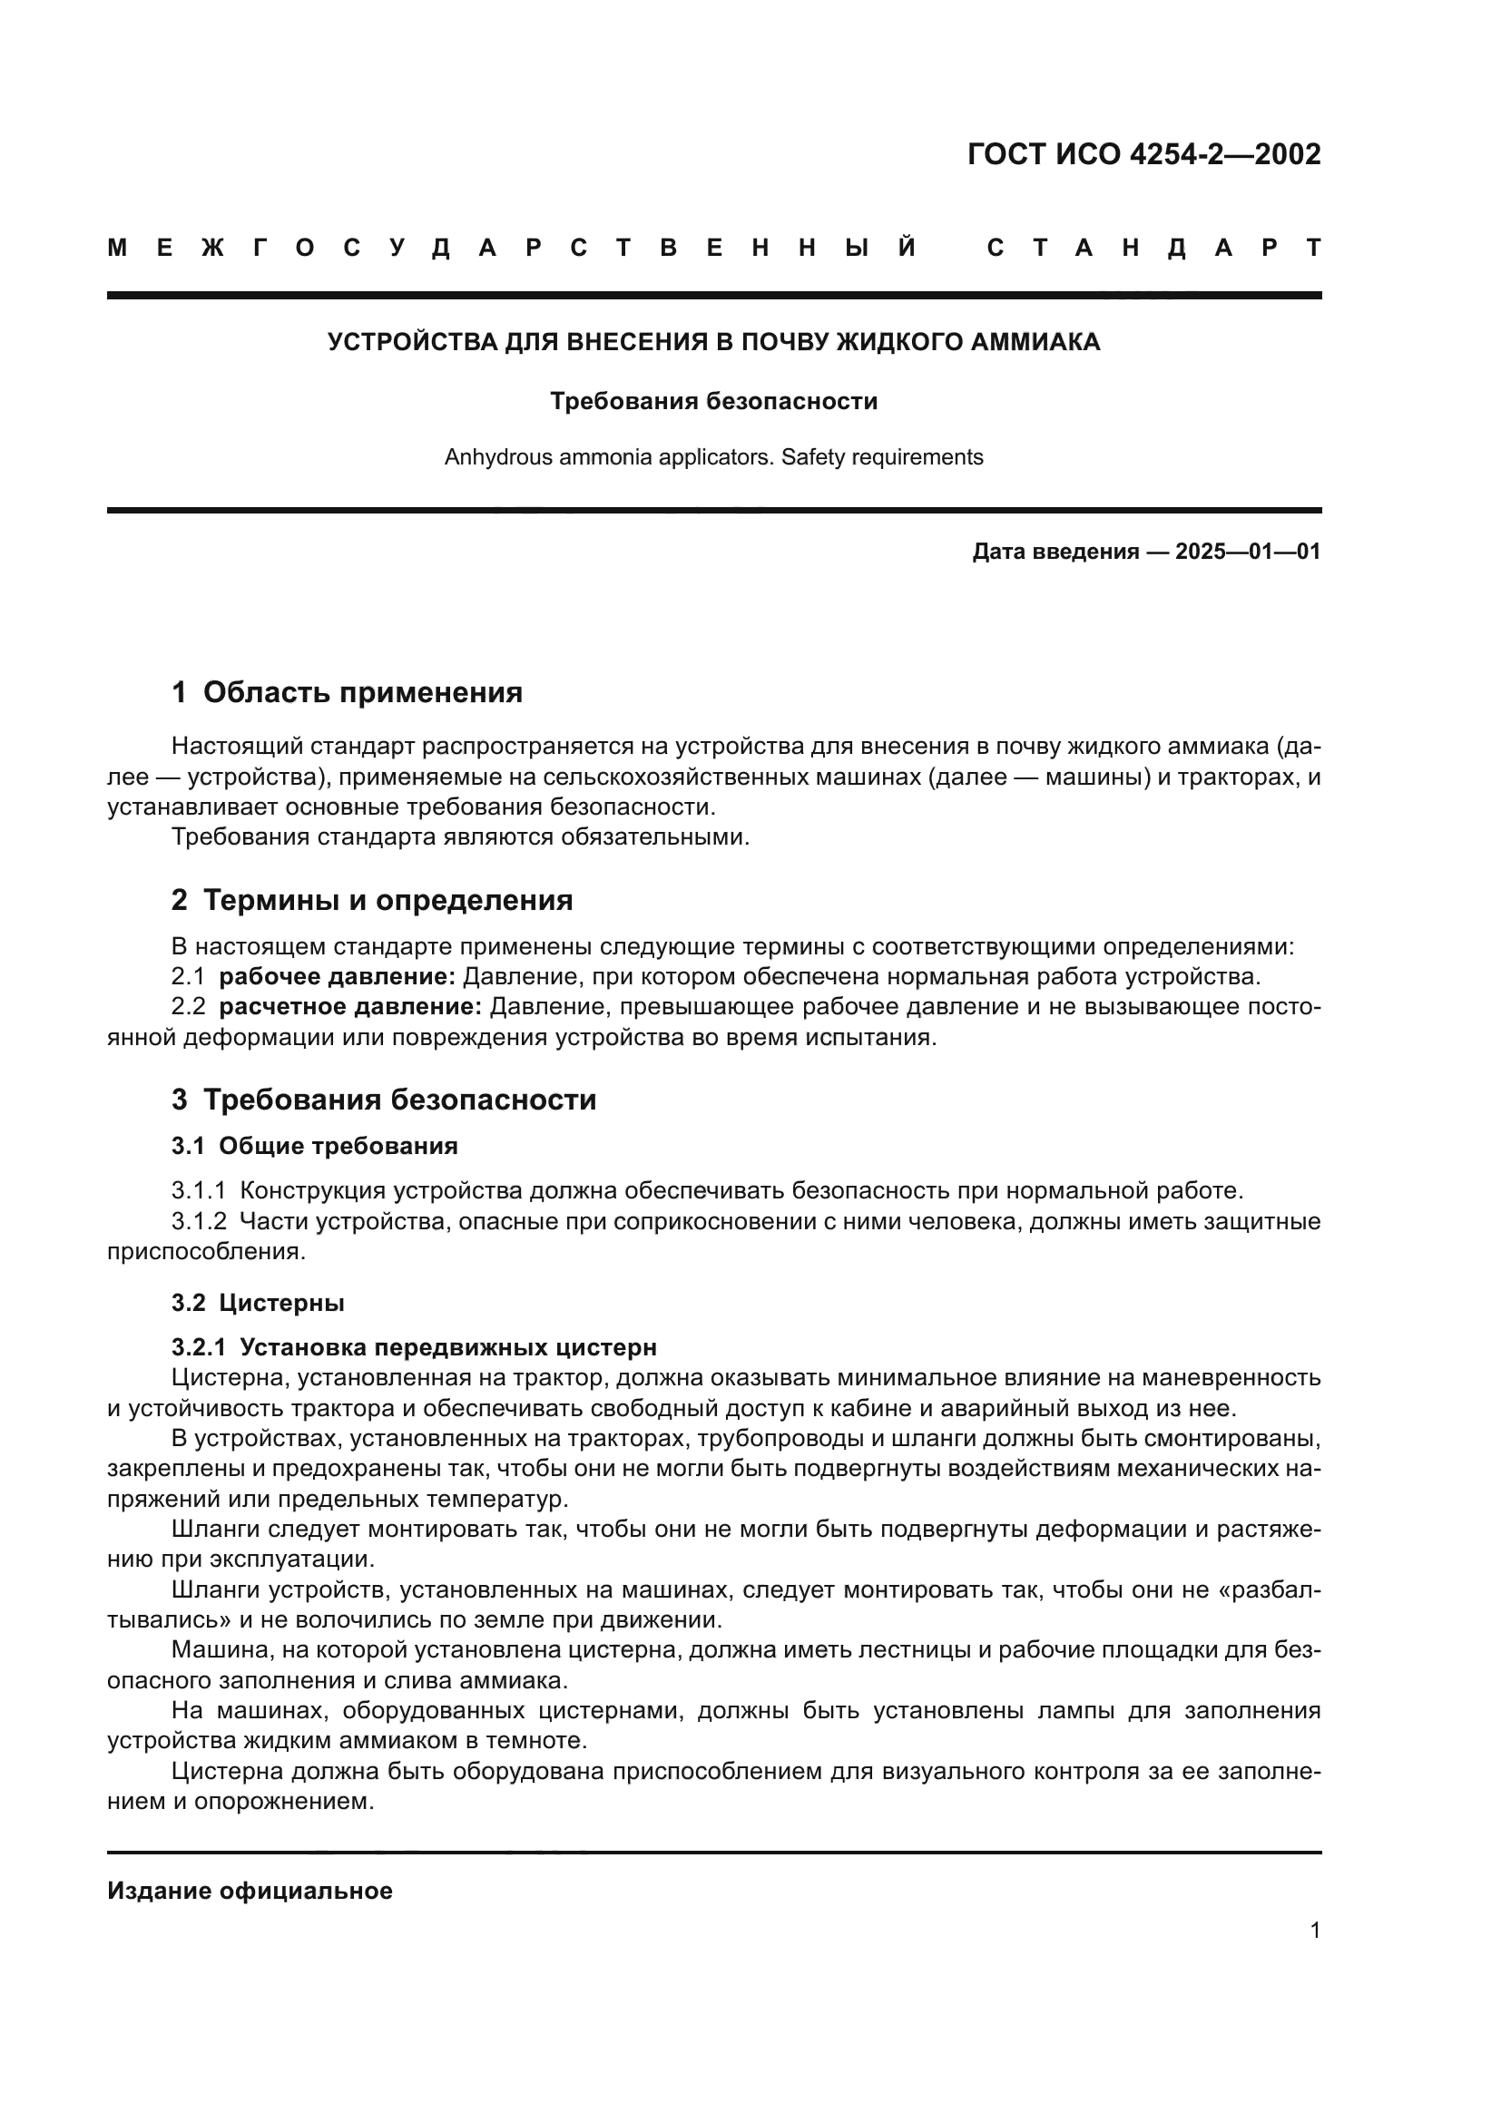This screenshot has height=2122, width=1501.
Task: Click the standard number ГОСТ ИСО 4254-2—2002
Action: click(x=1143, y=154)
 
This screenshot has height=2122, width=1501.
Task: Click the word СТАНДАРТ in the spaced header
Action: click(x=1153, y=249)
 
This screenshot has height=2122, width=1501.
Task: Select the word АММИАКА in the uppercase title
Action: click(x=1042, y=343)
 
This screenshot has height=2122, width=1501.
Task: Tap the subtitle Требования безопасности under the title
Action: click(x=713, y=401)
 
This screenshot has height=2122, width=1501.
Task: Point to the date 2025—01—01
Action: click(x=1247, y=553)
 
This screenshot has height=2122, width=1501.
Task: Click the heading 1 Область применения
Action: click(x=347, y=692)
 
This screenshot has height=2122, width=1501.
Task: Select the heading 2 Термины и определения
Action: click(x=371, y=900)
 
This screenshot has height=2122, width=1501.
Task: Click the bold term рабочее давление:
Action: click(x=338, y=977)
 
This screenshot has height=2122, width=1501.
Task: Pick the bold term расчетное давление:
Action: click(x=350, y=1007)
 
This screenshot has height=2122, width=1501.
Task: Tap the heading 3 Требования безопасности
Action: click(x=384, y=1100)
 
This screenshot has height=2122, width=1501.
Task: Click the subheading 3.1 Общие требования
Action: click(x=314, y=1147)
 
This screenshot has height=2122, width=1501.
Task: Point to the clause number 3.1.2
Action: click(x=199, y=1222)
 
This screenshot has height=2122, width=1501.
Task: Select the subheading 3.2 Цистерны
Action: click(x=258, y=1303)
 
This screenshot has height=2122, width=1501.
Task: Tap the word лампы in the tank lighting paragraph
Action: click(x=1065, y=1711)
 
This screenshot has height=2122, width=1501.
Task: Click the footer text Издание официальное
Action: click(x=250, y=1891)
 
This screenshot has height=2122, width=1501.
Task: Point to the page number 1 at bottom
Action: click(x=1314, y=1930)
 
